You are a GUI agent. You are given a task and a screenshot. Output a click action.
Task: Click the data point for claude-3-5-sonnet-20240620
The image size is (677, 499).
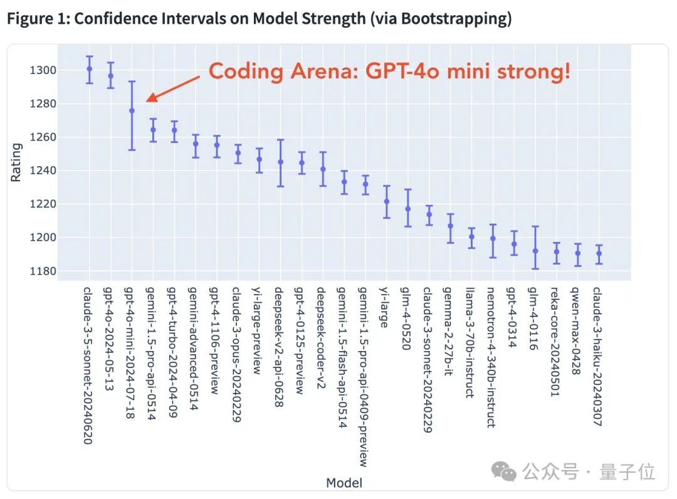90,69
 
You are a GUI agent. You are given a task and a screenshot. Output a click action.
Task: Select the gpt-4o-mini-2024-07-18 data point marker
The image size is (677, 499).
132,110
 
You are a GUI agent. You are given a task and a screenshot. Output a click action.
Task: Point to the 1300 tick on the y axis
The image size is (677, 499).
45,70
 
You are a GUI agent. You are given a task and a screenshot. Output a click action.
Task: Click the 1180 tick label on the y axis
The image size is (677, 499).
45,271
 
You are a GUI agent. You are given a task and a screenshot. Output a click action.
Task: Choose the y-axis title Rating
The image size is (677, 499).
16,163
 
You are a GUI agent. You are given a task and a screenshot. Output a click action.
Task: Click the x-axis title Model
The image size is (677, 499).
344,483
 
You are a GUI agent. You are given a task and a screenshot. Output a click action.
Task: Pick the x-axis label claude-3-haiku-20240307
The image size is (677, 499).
597,356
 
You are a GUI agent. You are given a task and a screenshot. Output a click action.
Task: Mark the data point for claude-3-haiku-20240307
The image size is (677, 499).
599,254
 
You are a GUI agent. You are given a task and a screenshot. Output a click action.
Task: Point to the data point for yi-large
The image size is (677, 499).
387,201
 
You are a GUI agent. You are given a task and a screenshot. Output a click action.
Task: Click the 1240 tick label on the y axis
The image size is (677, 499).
45,171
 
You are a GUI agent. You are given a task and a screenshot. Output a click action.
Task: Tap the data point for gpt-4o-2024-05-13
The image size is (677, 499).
111,76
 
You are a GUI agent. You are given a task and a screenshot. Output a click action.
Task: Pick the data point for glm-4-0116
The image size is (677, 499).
535,251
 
